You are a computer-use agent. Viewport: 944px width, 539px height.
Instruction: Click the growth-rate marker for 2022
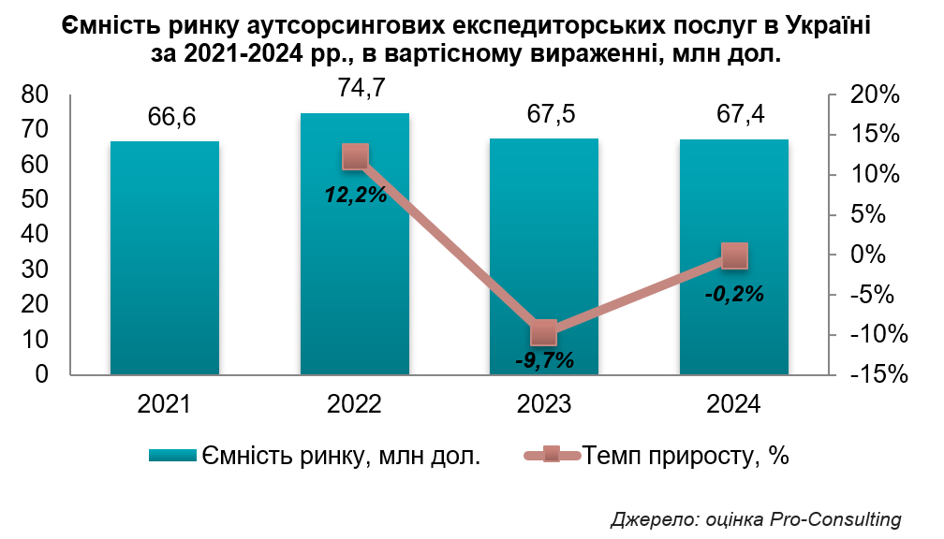pos(355,157)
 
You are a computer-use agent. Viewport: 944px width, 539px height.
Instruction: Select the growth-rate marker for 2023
pos(544,332)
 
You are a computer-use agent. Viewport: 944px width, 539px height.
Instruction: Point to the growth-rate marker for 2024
pos(734,255)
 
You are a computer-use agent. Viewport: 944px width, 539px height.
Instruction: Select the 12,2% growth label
pos(355,196)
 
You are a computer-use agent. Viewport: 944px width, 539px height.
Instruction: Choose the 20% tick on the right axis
pos(877,95)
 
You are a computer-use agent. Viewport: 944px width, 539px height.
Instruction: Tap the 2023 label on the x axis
pos(544,404)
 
